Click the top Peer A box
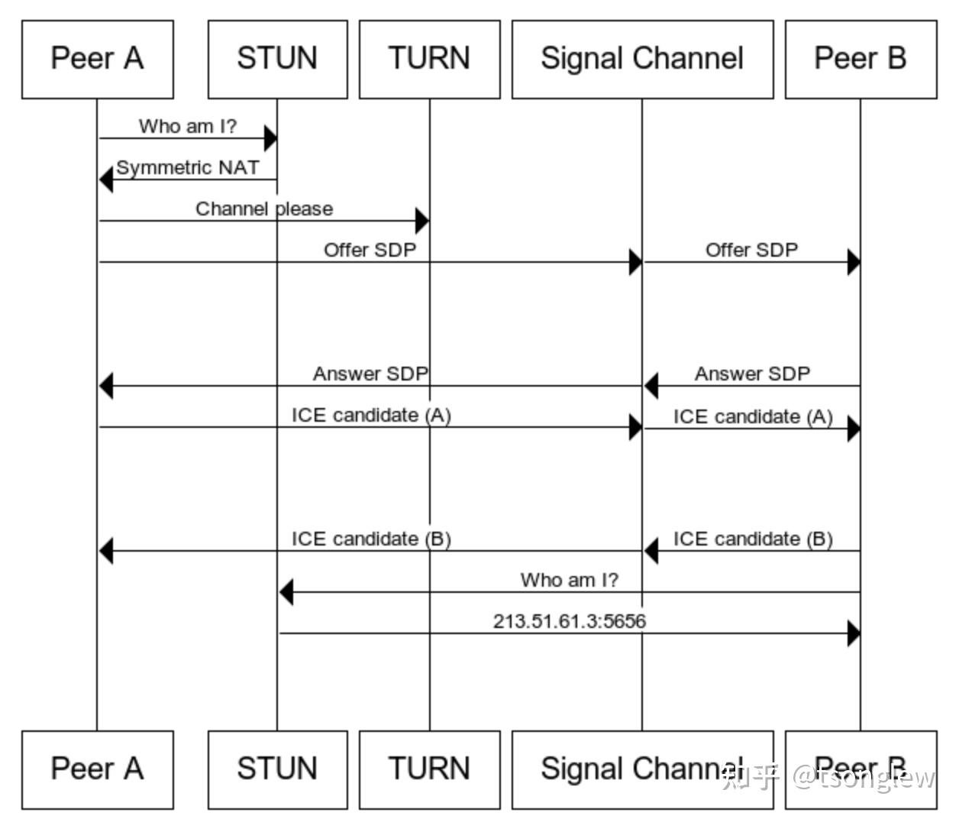(97, 59)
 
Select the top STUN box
(277, 59)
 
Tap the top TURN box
(429, 59)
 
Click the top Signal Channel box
(641, 59)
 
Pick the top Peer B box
(861, 59)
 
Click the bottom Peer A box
(97, 769)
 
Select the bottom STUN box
(277, 769)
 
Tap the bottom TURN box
(429, 769)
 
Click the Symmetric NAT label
(188, 167)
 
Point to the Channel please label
(264, 209)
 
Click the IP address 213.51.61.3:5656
(569, 621)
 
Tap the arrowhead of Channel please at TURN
(421, 222)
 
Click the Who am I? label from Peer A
(188, 126)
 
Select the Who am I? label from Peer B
(569, 580)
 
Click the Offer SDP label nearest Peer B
(751, 250)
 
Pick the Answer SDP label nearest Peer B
(751, 374)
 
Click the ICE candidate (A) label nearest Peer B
(752, 416)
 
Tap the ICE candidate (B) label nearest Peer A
(371, 539)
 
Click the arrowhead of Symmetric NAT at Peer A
(106, 180)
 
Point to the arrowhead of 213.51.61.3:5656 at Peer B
(854, 633)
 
